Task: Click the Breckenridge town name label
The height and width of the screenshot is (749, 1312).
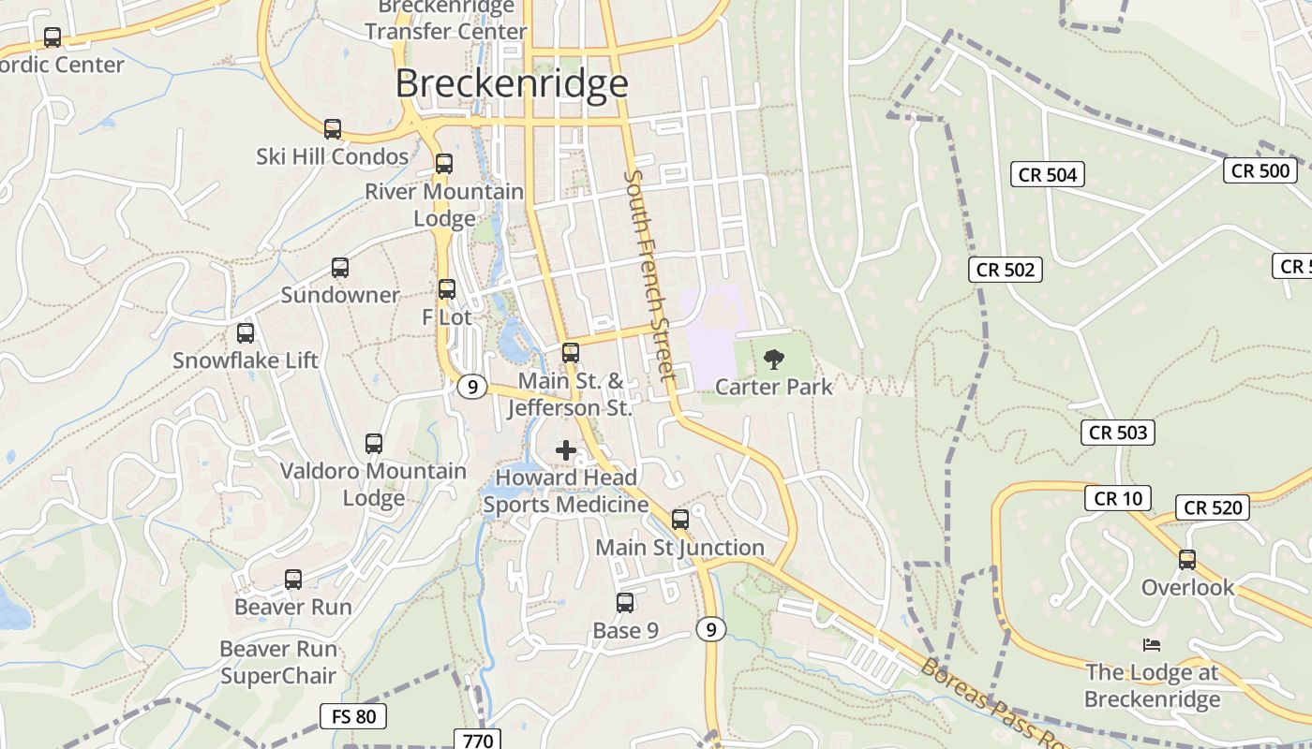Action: coord(511,83)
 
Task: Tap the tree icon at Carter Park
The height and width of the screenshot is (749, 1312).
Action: coord(774,360)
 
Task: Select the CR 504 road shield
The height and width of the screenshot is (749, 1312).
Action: coord(1048,174)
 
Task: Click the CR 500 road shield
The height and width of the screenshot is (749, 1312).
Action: coord(1260,170)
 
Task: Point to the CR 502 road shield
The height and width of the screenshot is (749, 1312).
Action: coord(1006,270)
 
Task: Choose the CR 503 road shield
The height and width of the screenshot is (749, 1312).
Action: coord(1118,433)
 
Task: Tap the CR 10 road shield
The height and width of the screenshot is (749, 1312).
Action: coord(1118,498)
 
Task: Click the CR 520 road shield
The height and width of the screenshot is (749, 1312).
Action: coord(1213,507)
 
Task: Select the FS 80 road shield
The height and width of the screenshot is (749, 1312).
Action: coord(353,717)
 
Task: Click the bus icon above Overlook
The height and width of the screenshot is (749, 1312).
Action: coord(1187,560)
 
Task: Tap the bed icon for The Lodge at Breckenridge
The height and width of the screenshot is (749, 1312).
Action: coord(1152,644)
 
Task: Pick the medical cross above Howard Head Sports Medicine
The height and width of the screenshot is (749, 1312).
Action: coord(566,450)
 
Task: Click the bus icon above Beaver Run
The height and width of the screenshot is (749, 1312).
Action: coord(293,580)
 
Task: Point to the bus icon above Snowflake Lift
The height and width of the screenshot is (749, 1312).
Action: coord(246,332)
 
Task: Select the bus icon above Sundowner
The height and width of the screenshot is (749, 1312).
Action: coord(340,268)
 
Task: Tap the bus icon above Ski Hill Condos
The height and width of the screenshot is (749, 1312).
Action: coord(333,128)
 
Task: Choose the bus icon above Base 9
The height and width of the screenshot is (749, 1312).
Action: coord(625,603)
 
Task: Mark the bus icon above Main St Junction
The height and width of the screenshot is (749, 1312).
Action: coord(680,519)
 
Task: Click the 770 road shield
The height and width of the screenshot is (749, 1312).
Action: coord(478,740)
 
